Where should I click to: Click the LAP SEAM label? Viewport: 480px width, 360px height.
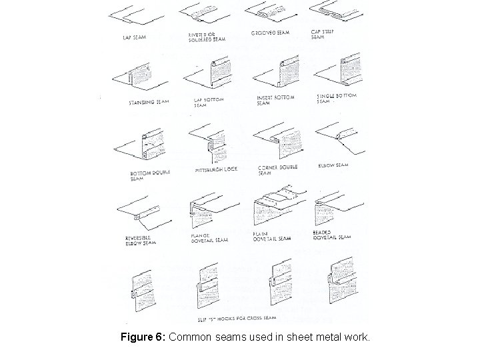[135, 37]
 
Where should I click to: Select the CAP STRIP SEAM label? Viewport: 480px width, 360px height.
[323, 33]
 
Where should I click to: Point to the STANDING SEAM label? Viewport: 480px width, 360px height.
[149, 103]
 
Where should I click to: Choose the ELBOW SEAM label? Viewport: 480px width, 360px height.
[333, 165]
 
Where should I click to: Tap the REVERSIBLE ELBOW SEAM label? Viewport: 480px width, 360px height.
[140, 239]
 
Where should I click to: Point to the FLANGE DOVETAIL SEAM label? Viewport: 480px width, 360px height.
[211, 237]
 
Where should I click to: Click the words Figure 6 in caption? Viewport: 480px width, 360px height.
[143, 337]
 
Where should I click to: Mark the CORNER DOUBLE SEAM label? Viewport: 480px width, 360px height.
[277, 169]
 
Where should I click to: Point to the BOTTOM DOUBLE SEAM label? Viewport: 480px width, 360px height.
[149, 175]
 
